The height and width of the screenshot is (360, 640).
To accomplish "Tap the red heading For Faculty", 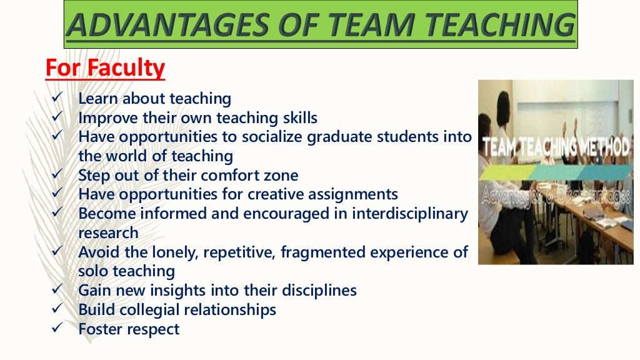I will click(x=105, y=67).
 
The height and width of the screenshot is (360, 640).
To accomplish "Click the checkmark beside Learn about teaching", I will click(x=55, y=97).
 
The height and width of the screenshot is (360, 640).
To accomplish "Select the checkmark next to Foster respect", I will click(x=55, y=328).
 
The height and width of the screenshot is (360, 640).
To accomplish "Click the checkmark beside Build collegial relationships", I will click(x=55, y=309).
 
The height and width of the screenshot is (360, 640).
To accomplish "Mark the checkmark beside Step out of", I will click(x=55, y=175).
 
